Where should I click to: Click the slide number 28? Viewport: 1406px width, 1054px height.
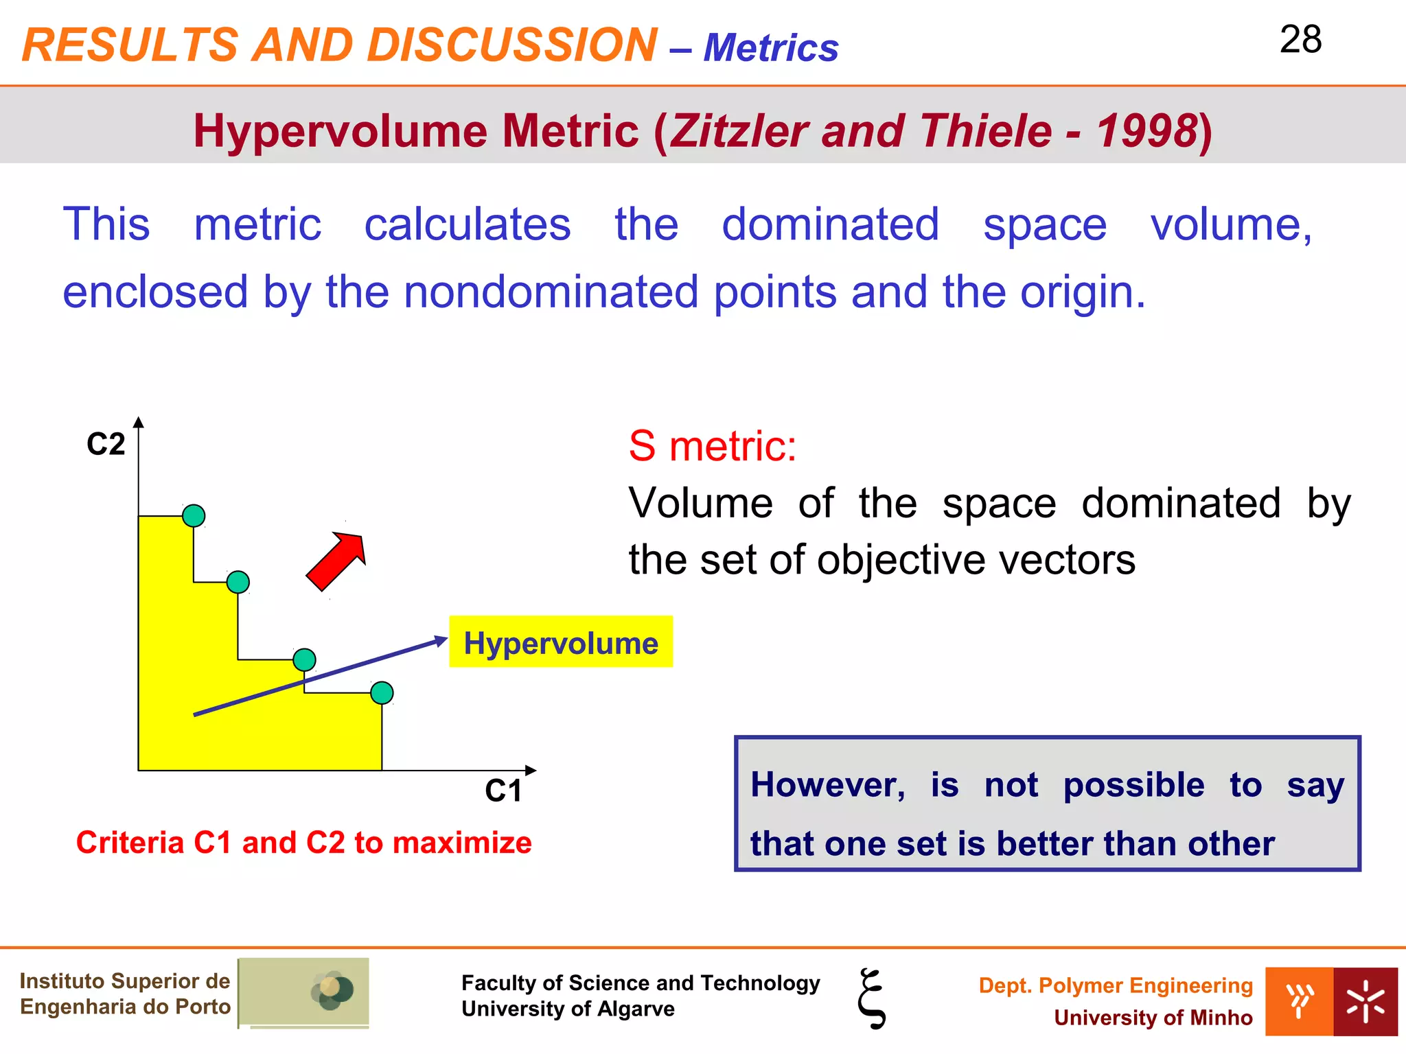1300,40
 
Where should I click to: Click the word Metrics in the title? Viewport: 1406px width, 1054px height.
770,48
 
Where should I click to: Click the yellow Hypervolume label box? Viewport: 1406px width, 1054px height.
560,642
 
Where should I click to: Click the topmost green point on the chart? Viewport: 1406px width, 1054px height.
194,515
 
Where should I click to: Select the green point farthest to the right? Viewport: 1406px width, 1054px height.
382,693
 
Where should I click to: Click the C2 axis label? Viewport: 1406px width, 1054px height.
106,444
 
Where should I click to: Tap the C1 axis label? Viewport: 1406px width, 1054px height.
503,791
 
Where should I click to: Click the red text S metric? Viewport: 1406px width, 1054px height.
712,446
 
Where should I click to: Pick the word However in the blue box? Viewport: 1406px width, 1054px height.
827,784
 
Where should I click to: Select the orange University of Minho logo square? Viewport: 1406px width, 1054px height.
1299,1001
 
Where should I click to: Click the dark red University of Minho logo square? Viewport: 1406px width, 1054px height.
1365,1001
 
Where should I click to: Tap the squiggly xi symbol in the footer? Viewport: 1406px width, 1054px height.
872,998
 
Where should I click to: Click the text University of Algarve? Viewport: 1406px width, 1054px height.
568,1009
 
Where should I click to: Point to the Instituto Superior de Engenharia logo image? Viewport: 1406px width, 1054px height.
304,992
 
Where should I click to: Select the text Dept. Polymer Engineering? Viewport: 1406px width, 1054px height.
1115,985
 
